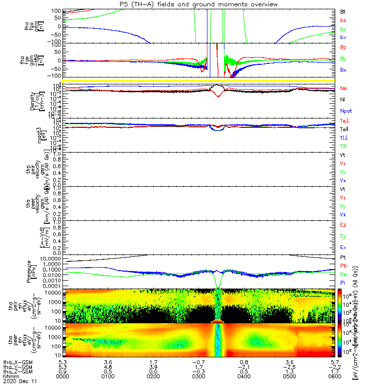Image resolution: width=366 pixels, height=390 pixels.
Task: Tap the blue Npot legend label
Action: coord(346,111)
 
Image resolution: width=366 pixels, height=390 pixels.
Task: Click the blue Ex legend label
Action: coord(343,247)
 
